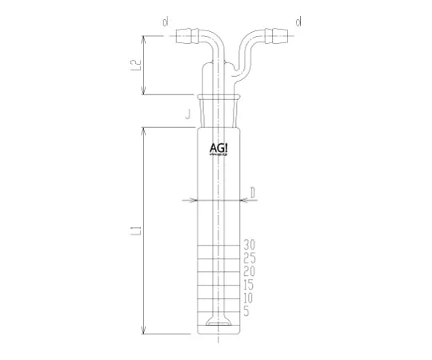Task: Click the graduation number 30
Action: pyautogui.click(x=249, y=243)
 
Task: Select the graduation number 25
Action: pyautogui.click(x=249, y=257)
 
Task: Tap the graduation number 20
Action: pyautogui.click(x=249, y=270)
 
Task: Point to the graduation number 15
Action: pyautogui.click(x=249, y=284)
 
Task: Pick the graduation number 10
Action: pyautogui.click(x=249, y=298)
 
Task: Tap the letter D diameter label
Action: pyautogui.click(x=252, y=192)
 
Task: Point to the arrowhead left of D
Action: pyautogui.click(x=189, y=200)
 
